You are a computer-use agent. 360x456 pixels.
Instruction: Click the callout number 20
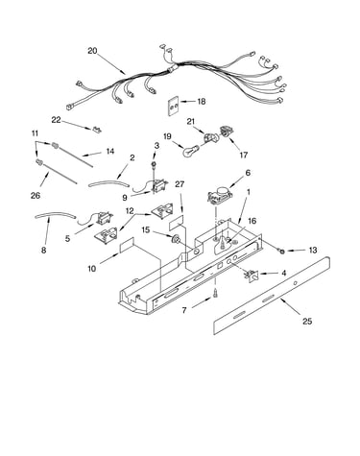pyautogui.click(x=92, y=51)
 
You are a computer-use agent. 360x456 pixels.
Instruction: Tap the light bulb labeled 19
pyautogui.click(x=190, y=151)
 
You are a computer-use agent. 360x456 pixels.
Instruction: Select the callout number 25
pyautogui.click(x=307, y=321)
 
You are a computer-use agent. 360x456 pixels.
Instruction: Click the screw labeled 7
pyautogui.click(x=215, y=293)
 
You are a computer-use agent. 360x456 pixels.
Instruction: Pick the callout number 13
pyautogui.click(x=312, y=250)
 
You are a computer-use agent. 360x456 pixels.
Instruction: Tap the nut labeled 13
pyautogui.click(x=282, y=251)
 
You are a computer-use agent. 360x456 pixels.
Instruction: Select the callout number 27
pyautogui.click(x=180, y=184)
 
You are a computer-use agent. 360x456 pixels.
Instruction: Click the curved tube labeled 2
pyautogui.click(x=108, y=183)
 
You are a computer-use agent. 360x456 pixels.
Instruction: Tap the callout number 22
pyautogui.click(x=56, y=120)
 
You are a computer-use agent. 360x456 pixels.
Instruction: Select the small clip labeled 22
pyautogui.click(x=96, y=130)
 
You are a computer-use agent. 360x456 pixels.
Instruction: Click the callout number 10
pyautogui.click(x=91, y=269)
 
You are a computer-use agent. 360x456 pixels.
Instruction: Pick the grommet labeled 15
pyautogui.click(x=176, y=238)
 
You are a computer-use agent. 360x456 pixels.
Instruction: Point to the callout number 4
pyautogui.click(x=283, y=273)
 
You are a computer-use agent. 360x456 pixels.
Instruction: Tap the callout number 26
pyautogui.click(x=36, y=195)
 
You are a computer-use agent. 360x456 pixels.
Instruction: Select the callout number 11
pyautogui.click(x=36, y=133)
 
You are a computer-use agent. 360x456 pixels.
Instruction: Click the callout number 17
pyautogui.click(x=244, y=155)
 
